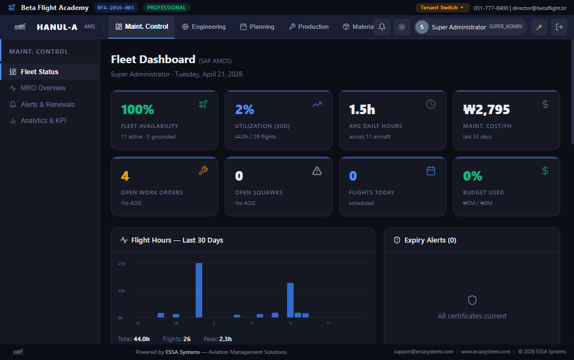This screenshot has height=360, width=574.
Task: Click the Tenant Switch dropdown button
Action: pyautogui.click(x=442, y=8)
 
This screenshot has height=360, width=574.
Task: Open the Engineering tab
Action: pyautogui.click(x=204, y=27)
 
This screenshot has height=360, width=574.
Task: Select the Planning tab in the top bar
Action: pyautogui.click(x=257, y=27)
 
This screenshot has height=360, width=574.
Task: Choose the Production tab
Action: pyautogui.click(x=309, y=27)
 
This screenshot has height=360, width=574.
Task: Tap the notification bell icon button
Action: pyautogui.click(x=382, y=27)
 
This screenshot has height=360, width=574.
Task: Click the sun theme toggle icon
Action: pyautogui.click(x=402, y=27)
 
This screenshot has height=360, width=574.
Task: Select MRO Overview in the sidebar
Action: pyautogui.click(x=43, y=88)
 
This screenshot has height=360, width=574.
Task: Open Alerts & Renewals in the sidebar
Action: pyautogui.click(x=48, y=105)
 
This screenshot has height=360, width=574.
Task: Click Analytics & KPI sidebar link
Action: pyautogui.click(x=43, y=121)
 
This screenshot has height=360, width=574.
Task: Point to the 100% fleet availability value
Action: pyautogui.click(x=137, y=110)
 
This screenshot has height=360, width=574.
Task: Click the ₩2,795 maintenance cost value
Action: pyautogui.click(x=486, y=110)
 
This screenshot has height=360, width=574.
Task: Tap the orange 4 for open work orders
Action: pyautogui.click(x=125, y=176)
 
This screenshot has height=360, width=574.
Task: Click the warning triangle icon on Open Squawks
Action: pyautogui.click(x=317, y=171)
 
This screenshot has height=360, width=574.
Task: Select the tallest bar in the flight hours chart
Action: pyautogui.click(x=199, y=290)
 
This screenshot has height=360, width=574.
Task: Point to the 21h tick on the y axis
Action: pyautogui.click(x=122, y=263)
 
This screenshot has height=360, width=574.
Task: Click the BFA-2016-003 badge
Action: pyautogui.click(x=116, y=8)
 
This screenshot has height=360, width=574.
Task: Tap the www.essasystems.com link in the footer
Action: pyautogui.click(x=485, y=352)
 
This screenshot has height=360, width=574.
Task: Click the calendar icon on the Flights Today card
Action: pyautogui.click(x=431, y=171)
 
